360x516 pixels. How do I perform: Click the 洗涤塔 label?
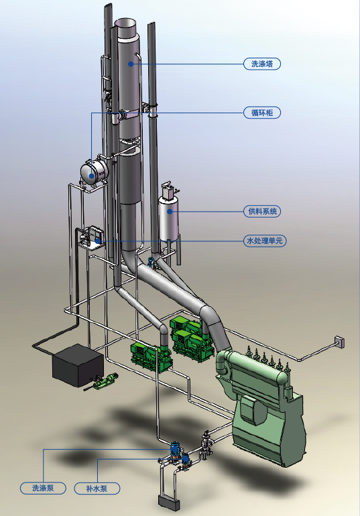click(262, 64)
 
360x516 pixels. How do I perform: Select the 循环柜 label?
click(262, 113)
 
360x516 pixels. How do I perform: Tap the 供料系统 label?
click(262, 211)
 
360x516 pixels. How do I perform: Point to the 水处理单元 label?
click(265, 241)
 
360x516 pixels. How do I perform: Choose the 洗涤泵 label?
click(43, 488)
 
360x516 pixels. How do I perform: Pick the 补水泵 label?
click(97, 489)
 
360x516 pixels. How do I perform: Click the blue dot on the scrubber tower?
click(131, 64)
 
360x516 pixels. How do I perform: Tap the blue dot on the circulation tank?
click(91, 176)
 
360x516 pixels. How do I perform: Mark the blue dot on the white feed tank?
click(170, 212)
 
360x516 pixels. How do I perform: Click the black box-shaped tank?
click(78, 365)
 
